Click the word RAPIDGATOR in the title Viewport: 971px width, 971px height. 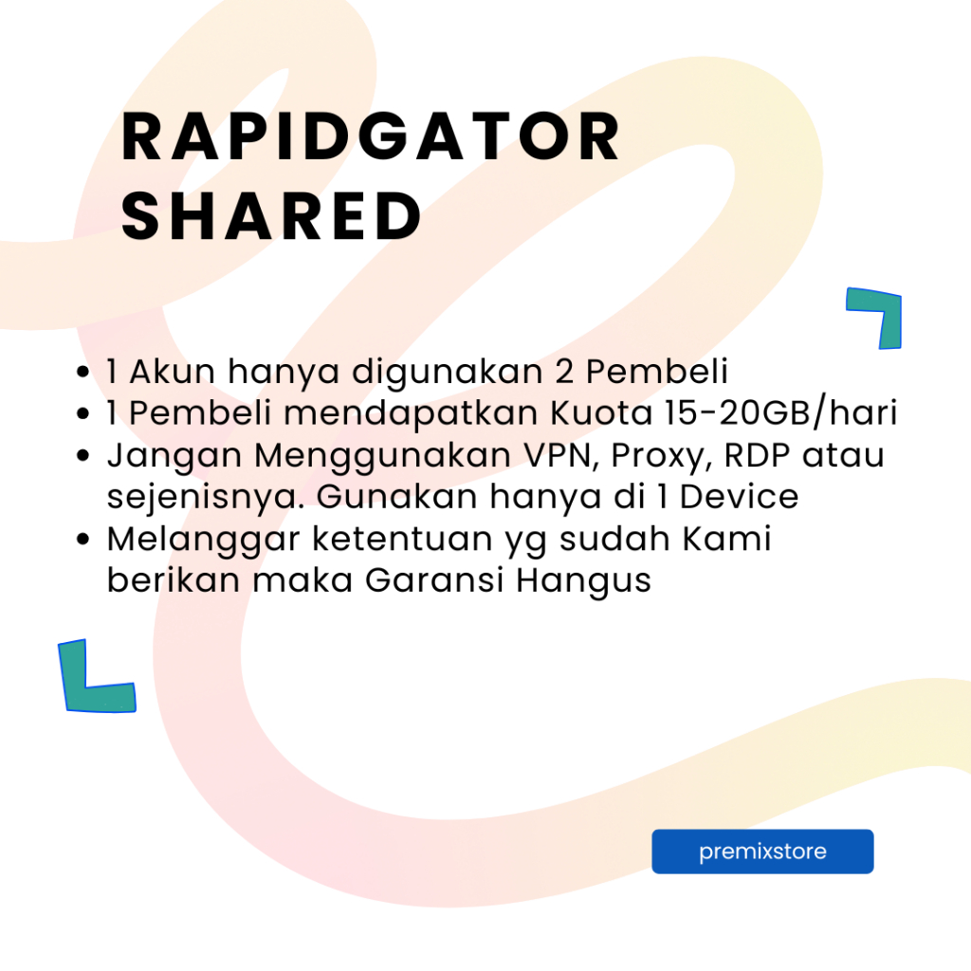point(371,138)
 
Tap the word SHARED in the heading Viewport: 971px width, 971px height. point(271,216)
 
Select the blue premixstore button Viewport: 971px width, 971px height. point(762,852)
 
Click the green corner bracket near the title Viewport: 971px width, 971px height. point(878,316)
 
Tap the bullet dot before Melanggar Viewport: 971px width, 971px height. point(85,540)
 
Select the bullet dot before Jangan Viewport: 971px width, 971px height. point(85,456)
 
